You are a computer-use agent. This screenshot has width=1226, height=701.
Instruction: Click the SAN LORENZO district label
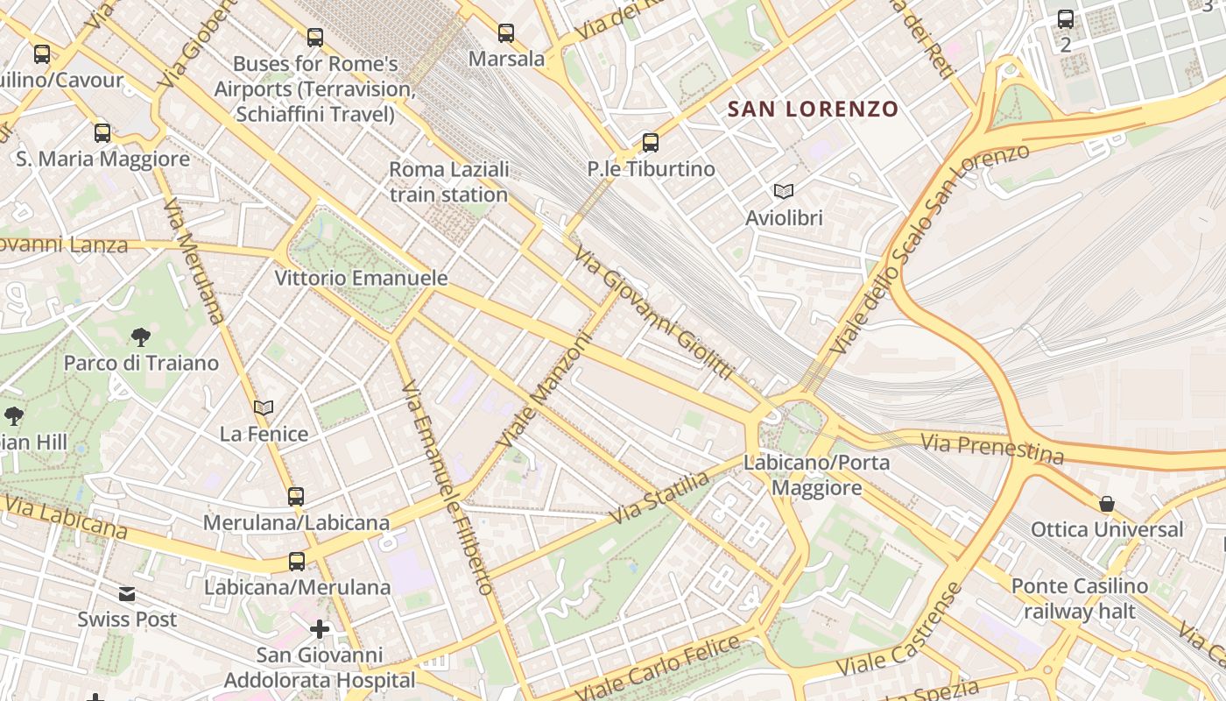point(814,110)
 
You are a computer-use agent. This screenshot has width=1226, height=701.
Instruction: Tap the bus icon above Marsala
point(506,33)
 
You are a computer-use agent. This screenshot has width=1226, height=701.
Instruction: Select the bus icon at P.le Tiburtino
point(650,143)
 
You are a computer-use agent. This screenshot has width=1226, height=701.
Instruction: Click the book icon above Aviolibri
point(784,191)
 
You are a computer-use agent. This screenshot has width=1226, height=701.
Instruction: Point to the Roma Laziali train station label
point(448,182)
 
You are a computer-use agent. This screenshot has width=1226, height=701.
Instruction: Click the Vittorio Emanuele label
point(361,279)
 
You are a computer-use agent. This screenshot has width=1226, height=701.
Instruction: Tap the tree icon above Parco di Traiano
point(140,337)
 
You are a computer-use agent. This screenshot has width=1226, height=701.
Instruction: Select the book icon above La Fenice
point(264,407)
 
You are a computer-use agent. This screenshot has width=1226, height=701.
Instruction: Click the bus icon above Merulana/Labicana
point(296,497)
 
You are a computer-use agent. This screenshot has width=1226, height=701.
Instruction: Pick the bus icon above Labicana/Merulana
point(297,562)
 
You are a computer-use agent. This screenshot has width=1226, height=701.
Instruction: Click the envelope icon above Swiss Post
point(127,594)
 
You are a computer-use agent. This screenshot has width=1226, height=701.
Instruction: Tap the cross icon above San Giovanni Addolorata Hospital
point(320,629)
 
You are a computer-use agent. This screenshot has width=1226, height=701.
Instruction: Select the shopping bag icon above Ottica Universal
point(1107,504)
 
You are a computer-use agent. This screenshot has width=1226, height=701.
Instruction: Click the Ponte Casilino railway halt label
point(1079,598)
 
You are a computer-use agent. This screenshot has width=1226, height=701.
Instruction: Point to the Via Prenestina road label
point(993,449)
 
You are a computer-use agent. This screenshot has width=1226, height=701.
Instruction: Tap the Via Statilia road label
point(659,498)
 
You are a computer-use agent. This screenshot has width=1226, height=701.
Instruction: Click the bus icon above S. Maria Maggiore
point(102,133)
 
